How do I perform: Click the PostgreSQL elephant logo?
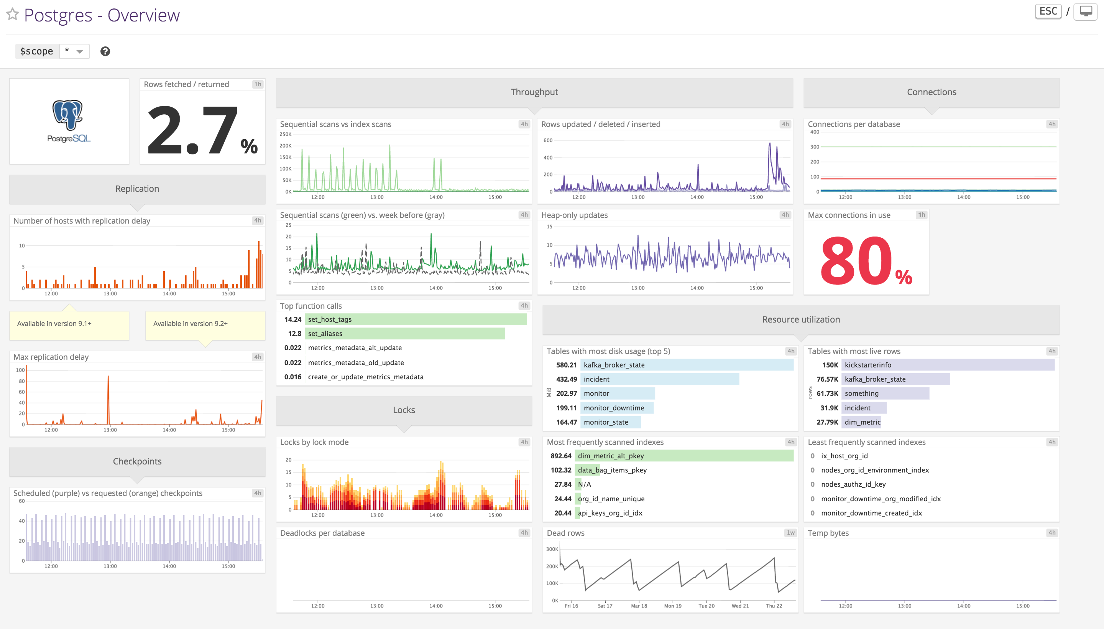tap(68, 115)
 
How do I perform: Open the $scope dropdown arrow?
tap(79, 51)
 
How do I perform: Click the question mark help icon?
tap(105, 51)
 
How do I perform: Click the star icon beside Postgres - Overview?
tap(13, 14)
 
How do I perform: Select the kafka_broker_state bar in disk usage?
tap(687, 365)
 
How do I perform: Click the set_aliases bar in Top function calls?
tap(404, 334)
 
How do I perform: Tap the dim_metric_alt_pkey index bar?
tap(685, 456)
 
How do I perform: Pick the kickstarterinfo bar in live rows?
tap(948, 365)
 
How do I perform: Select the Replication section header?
tap(137, 189)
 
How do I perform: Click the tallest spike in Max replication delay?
tap(108, 378)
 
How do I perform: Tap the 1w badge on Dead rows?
tap(790, 533)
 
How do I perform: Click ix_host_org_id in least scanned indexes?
tap(844, 456)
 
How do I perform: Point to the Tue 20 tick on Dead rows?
tap(706, 606)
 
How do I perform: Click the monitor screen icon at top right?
tap(1086, 11)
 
